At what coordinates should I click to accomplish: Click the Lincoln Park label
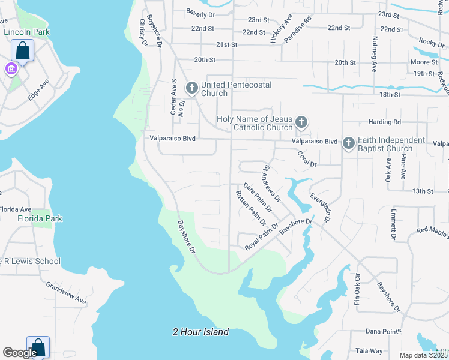pos(26,32)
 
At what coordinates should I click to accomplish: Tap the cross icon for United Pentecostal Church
pos(192,89)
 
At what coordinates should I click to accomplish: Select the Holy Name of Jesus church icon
pos(301,123)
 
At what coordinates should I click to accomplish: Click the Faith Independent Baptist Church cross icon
pos(349,144)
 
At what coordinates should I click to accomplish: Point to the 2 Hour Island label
pos(200,332)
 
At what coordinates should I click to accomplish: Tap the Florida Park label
pos(40,219)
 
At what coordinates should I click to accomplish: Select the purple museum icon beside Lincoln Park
pos(10,69)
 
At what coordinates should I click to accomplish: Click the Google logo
pos(19,353)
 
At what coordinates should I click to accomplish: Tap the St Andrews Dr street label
pos(272,182)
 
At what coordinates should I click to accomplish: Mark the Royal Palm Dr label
pos(262,238)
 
